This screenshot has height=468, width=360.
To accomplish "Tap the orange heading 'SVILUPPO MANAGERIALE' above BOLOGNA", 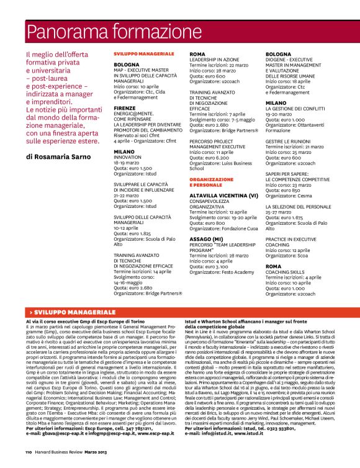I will coord(139,55).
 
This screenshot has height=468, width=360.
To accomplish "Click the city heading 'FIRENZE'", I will coord(125,107).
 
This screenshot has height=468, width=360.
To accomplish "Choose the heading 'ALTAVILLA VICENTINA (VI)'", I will coord(223,195).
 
